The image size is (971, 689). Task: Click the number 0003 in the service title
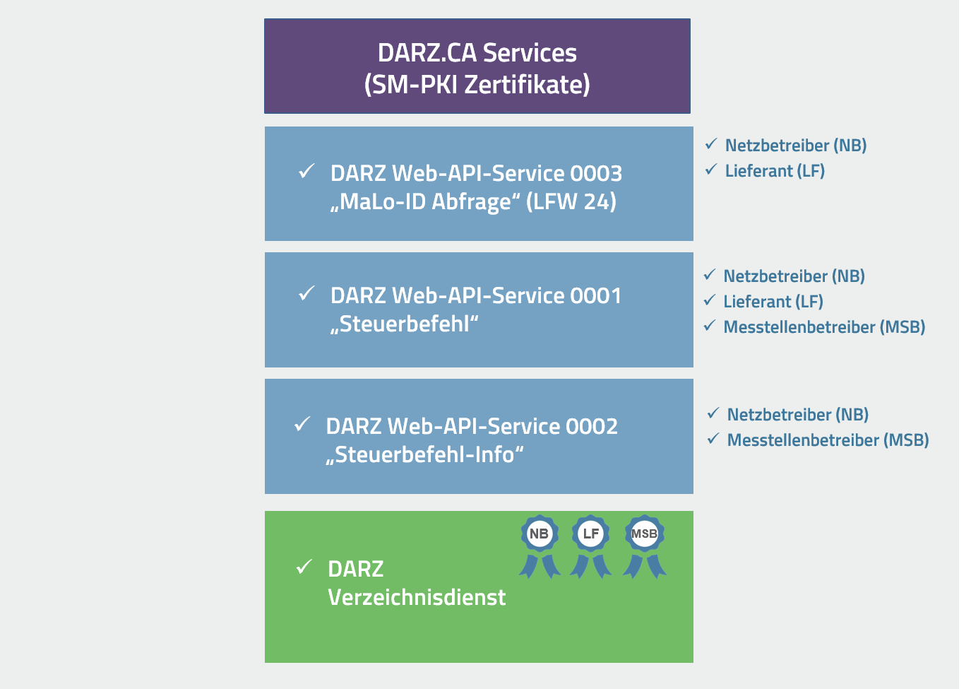[x=596, y=174]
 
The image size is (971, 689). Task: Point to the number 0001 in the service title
[x=596, y=296]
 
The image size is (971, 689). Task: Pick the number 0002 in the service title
[x=592, y=427]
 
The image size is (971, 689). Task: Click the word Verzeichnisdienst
[x=417, y=598]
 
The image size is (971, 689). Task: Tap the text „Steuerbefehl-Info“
[x=424, y=455]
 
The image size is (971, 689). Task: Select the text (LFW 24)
[x=571, y=202]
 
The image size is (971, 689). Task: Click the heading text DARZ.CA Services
[x=477, y=53]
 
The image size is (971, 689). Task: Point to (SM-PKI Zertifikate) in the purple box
[x=477, y=85]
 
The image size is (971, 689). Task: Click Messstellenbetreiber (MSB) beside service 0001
[x=824, y=327]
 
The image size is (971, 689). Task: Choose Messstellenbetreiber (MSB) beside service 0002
[x=828, y=440]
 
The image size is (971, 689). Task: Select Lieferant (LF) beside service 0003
[x=775, y=171]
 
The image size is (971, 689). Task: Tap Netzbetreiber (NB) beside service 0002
[x=798, y=415]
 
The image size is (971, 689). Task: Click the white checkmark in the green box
[x=304, y=567]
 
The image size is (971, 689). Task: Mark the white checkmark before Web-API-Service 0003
[x=306, y=171]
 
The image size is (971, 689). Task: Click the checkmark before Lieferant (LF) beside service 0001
[x=710, y=301]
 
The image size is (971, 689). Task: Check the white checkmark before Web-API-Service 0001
[x=306, y=293]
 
